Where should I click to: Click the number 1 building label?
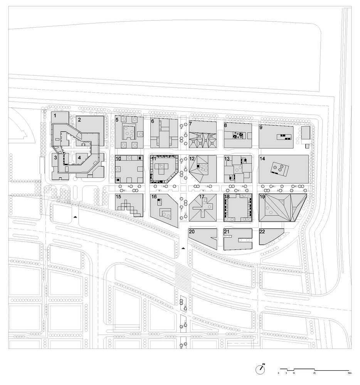(x=55, y=115)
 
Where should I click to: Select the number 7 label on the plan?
(x=190, y=124)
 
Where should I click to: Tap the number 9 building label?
(x=261, y=127)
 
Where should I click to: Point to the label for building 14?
(x=262, y=158)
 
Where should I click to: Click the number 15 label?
(x=118, y=197)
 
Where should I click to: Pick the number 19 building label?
(x=262, y=197)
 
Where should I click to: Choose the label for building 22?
(x=262, y=231)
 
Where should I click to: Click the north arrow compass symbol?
(x=261, y=368)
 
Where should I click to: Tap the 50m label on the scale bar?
(x=348, y=373)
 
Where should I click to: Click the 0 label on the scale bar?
(x=279, y=373)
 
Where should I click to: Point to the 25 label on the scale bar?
(x=315, y=373)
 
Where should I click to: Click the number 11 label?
(x=154, y=158)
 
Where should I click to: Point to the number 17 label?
(x=202, y=197)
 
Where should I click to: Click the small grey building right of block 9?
(x=305, y=134)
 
